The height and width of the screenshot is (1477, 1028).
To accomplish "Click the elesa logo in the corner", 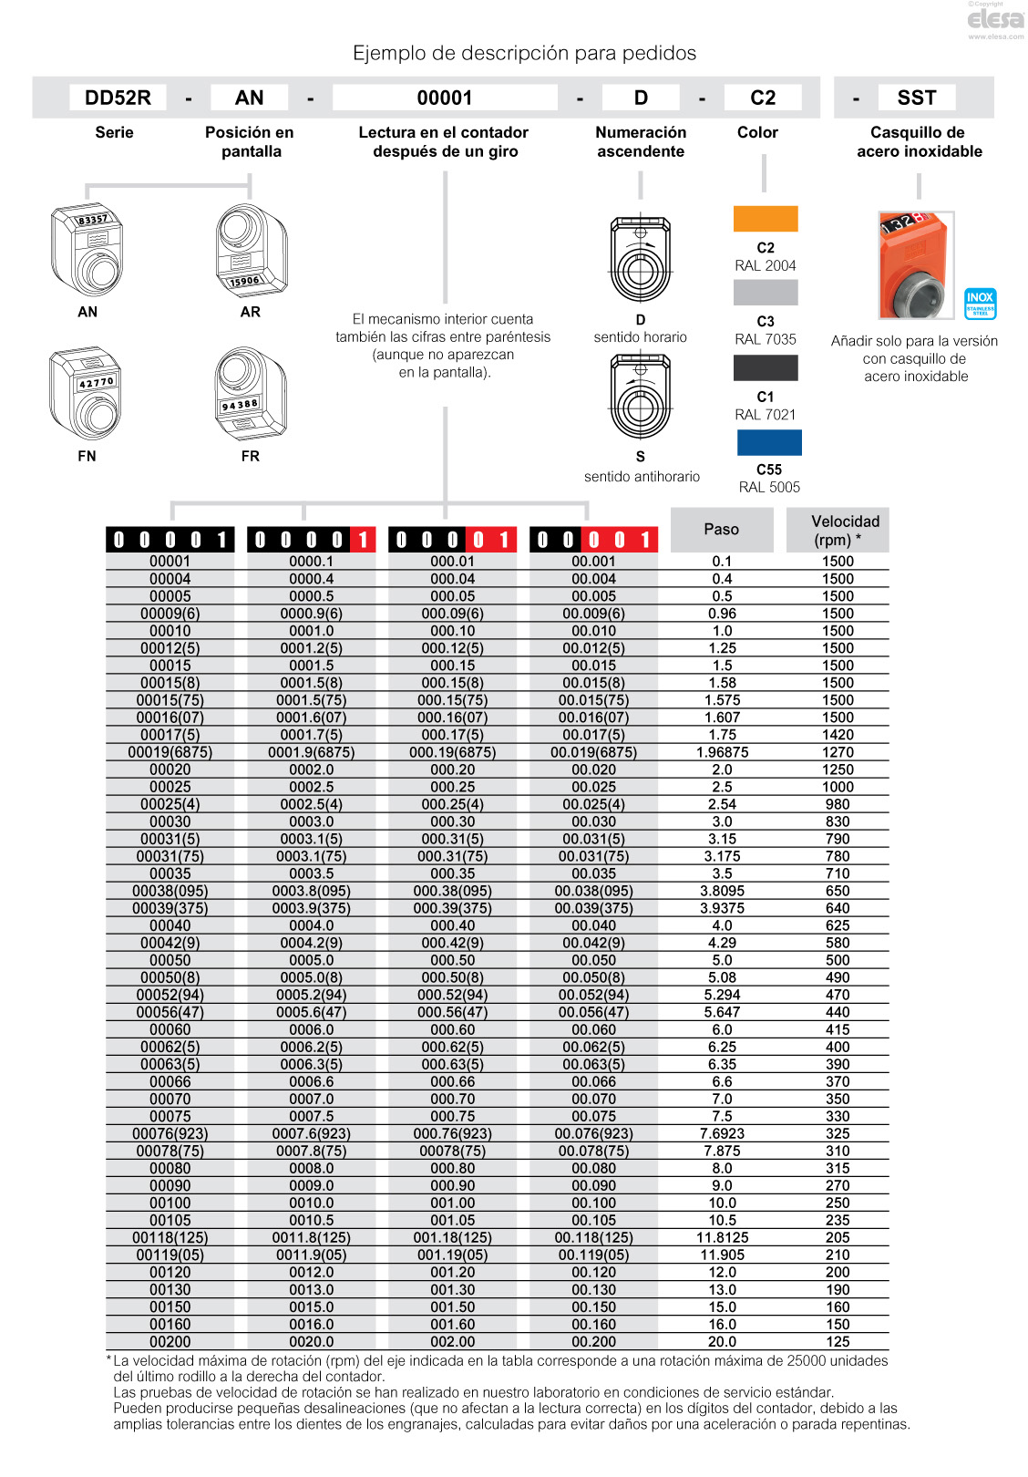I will (x=995, y=20).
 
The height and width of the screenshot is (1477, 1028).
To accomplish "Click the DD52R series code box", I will (x=118, y=98).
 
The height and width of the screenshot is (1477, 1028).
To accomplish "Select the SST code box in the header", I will (x=916, y=98).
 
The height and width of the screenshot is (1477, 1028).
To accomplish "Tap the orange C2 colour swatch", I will (x=766, y=219).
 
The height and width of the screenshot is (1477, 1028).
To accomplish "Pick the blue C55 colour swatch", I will (x=769, y=442).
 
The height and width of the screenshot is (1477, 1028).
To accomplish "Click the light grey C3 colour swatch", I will (x=766, y=293).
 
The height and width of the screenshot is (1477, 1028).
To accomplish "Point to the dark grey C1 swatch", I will (x=766, y=367).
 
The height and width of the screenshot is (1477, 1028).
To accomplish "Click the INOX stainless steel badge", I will (x=980, y=304).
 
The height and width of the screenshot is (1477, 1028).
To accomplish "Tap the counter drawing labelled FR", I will (x=250, y=394).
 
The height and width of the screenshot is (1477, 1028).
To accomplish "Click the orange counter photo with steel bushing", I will (x=916, y=265).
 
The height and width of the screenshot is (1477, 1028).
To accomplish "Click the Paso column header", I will (x=722, y=530).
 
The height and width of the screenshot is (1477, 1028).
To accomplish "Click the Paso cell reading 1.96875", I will (x=722, y=752).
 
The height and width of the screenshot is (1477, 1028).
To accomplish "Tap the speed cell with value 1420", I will (x=838, y=735).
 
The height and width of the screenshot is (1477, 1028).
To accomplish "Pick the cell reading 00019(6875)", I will (x=170, y=752).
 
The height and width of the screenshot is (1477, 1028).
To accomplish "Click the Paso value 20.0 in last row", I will (x=722, y=1342).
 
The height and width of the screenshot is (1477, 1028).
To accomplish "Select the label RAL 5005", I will (x=769, y=487).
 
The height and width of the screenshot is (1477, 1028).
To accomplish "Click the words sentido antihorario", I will (x=642, y=477).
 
